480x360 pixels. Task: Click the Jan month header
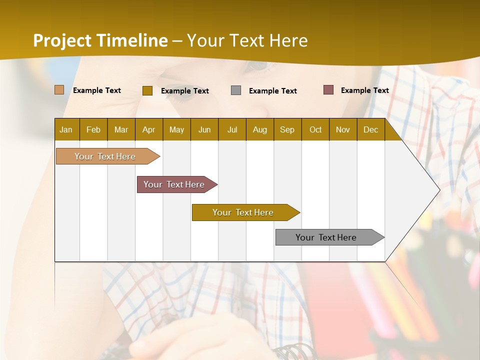[66, 129]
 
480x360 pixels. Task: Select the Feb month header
[93, 129]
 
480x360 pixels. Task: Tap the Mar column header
[121, 129]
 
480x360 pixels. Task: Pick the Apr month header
[149, 129]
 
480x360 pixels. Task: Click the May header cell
[176, 129]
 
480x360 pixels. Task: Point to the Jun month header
[204, 129]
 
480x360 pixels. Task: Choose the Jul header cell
[232, 129]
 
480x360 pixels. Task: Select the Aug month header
[260, 129]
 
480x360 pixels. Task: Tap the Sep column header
[287, 129]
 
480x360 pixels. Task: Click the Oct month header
[315, 129]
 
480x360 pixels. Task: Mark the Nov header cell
[343, 129]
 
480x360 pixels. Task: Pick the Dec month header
[371, 129]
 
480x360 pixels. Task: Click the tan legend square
[59, 90]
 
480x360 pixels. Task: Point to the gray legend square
[236, 90]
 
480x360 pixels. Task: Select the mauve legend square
[328, 90]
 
